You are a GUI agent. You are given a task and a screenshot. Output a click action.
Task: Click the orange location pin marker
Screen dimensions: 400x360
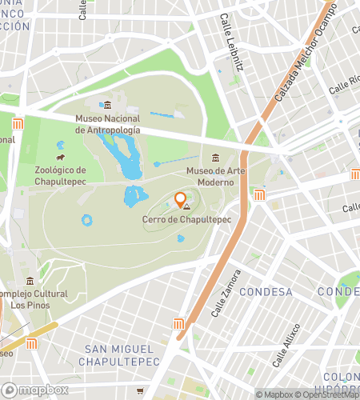click(x=181, y=200)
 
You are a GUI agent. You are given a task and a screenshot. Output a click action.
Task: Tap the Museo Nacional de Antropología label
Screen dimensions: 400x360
click(x=107, y=124)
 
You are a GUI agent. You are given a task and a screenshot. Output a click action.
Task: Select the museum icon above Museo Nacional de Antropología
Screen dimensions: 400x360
click(x=108, y=106)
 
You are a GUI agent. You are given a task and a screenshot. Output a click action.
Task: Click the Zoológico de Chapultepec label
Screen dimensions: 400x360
click(x=70, y=175)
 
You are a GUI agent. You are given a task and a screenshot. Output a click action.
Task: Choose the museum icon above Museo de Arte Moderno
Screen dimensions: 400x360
click(x=214, y=158)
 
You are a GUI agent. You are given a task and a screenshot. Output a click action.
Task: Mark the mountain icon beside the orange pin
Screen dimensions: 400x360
click(x=187, y=207)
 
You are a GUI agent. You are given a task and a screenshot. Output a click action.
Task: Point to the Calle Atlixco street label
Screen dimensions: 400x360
click(x=286, y=345)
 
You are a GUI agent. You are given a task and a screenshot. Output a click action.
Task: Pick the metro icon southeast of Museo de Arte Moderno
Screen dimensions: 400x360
click(x=259, y=195)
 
